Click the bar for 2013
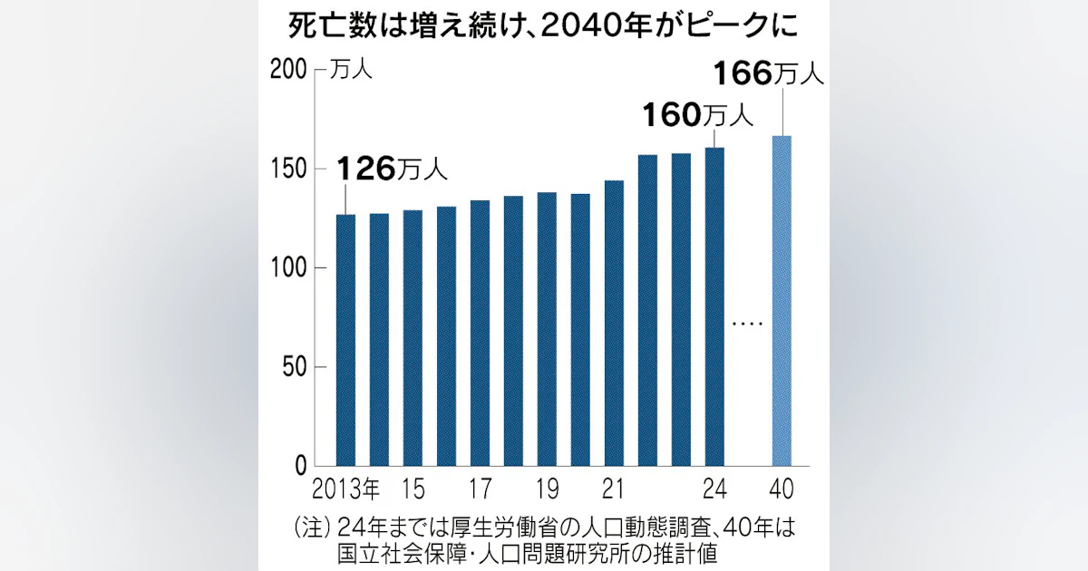click(x=345, y=340)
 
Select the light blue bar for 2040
click(x=782, y=301)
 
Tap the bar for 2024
click(x=714, y=307)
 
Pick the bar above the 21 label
click(x=614, y=324)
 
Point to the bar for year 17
click(x=480, y=334)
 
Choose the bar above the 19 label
click(x=547, y=329)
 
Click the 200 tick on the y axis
click(x=288, y=71)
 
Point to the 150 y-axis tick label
click(x=288, y=169)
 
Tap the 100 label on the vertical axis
click(x=288, y=268)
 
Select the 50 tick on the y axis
click(x=295, y=367)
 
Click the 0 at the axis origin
click(x=301, y=466)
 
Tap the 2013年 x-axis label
click(x=345, y=489)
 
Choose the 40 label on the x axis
click(x=782, y=489)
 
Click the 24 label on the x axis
click(x=714, y=489)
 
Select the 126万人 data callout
click(x=392, y=169)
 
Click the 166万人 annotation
click(x=769, y=74)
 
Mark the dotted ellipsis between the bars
click(x=747, y=324)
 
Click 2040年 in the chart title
click(x=596, y=26)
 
